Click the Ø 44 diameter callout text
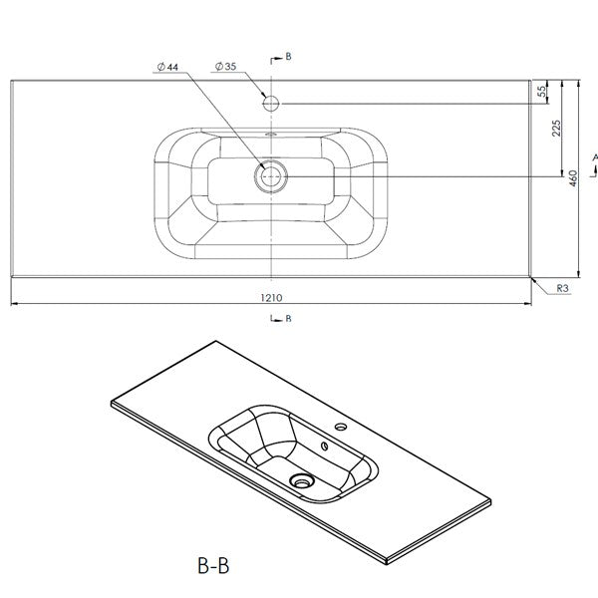tap(167, 67)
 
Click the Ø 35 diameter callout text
tap(226, 67)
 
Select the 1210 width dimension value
tap(271, 297)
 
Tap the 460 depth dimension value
tap(573, 178)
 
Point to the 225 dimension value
tap(556, 129)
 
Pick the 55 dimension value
tap(541, 92)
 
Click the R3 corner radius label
tap(562, 288)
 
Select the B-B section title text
tap(213, 566)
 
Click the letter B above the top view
tap(288, 57)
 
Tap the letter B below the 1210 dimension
tap(288, 318)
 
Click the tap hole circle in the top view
tap(271, 103)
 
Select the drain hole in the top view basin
tap(271, 176)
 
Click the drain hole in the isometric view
tap(301, 480)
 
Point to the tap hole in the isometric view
tap(340, 427)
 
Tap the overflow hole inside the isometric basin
tap(325, 446)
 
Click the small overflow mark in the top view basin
tap(271, 134)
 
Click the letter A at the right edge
tap(595, 157)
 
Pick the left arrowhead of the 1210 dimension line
tap(14, 304)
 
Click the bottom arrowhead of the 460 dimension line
tap(579, 274)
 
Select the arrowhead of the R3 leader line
tap(533, 280)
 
